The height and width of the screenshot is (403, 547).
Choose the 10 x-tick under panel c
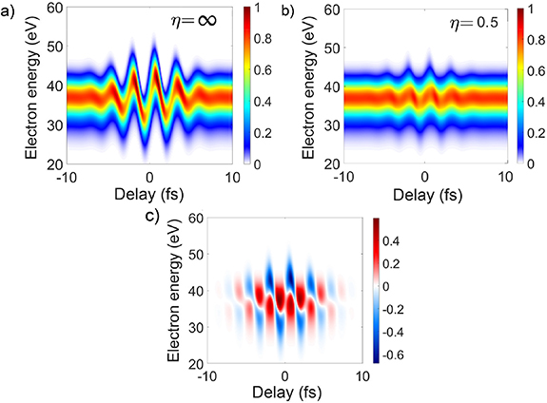tap(361, 376)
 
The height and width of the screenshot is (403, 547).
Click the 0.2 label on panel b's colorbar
tap(536, 132)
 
